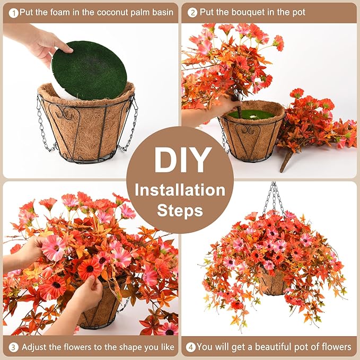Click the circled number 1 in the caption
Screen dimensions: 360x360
click(x=13, y=12)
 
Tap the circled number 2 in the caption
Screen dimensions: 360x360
click(x=192, y=12)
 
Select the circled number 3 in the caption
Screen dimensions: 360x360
click(x=13, y=347)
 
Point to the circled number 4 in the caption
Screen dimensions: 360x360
click(x=190, y=347)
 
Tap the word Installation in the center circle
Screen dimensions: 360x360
click(x=180, y=189)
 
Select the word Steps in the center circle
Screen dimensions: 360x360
click(x=180, y=210)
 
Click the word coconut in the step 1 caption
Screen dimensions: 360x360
click(x=104, y=12)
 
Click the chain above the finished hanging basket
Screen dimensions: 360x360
click(x=275, y=196)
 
